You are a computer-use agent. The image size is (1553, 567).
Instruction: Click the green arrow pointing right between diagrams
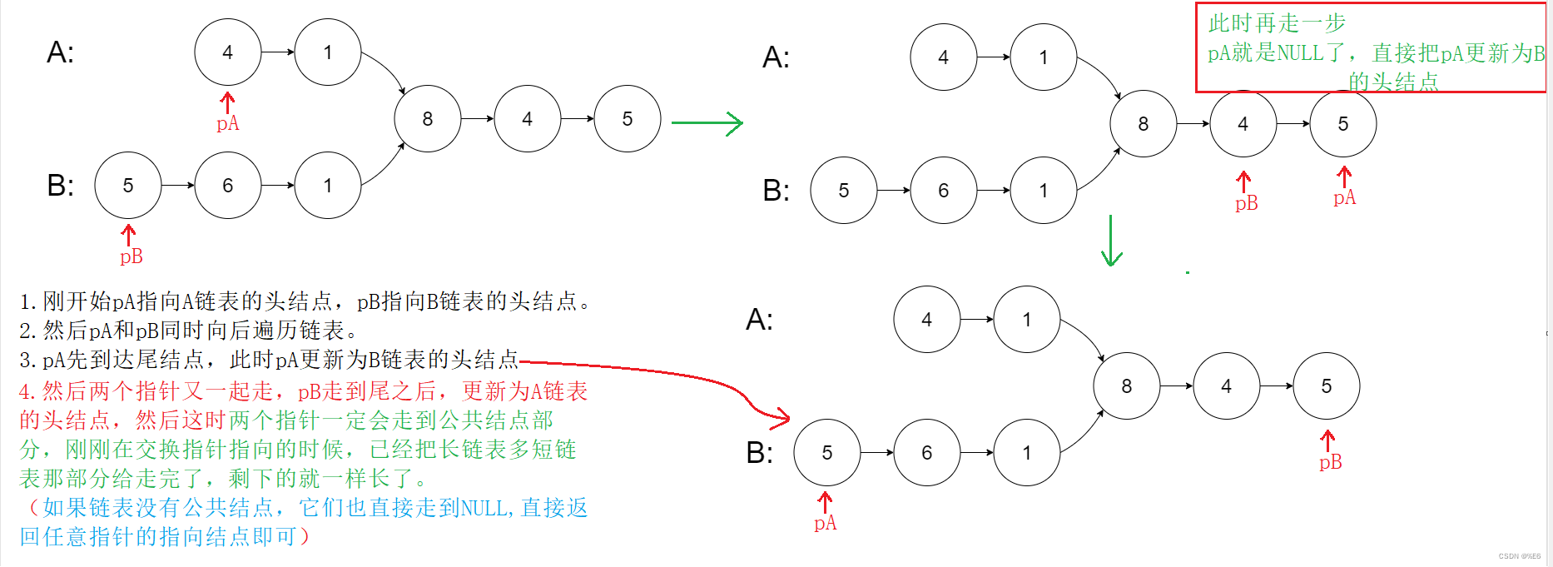point(707,123)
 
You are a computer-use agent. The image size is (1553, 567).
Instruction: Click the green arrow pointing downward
point(1111,241)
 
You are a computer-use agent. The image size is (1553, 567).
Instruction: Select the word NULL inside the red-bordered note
point(1300,53)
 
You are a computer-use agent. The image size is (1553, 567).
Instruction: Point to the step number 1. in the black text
point(29,301)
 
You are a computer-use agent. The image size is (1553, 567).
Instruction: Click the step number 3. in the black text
point(29,361)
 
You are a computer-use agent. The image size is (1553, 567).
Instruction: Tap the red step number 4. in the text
point(29,391)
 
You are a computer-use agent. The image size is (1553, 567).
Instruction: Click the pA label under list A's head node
point(227,124)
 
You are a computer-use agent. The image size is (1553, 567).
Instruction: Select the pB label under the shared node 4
point(1246,203)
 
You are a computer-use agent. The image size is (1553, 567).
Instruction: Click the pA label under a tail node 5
point(1344,197)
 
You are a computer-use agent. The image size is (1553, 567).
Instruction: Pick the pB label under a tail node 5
point(1330,462)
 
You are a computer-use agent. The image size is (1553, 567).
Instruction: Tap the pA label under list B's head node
point(825,523)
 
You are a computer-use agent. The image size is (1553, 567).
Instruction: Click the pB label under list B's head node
point(131,256)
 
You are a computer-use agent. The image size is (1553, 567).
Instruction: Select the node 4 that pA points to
point(227,52)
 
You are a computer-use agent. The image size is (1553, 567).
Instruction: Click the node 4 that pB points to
point(1243,124)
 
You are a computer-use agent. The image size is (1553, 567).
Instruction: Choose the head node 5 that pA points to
point(826,453)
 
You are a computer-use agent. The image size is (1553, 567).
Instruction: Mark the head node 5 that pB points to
point(127,186)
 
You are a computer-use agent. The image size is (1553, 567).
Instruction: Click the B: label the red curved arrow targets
point(759,453)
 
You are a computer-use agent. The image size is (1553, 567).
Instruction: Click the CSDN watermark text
point(1519,556)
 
